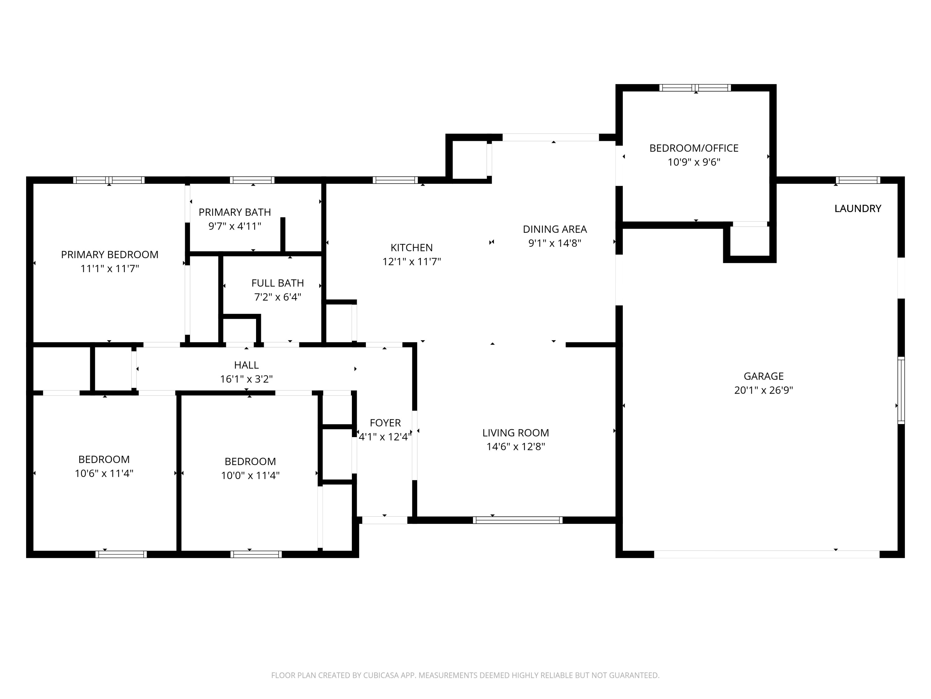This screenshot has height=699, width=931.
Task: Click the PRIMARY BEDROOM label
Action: tap(110, 254)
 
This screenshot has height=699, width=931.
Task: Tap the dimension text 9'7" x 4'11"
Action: tap(235, 226)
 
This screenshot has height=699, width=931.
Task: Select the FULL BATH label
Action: tap(277, 283)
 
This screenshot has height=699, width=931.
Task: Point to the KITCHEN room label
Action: tap(411, 248)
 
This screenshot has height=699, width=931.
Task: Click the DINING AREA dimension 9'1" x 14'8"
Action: tap(555, 243)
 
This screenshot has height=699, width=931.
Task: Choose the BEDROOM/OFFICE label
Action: tap(694, 148)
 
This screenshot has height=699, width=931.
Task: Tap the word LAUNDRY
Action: tap(857, 208)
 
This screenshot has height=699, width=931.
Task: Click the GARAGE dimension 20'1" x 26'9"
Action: tap(763, 390)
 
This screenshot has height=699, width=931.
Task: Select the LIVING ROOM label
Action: tap(515, 433)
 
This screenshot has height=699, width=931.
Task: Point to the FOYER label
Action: tap(385, 423)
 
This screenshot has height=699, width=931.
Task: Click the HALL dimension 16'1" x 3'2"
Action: tap(246, 379)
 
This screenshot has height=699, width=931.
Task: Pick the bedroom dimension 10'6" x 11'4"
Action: tap(104, 473)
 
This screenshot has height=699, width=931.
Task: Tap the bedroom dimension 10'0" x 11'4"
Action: tap(250, 475)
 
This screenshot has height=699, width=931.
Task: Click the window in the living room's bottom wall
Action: tap(517, 520)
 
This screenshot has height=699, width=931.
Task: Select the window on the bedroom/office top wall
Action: tap(695, 88)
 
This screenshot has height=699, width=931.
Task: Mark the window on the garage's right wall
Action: tap(901, 390)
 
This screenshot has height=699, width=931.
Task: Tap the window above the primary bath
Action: tap(252, 180)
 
